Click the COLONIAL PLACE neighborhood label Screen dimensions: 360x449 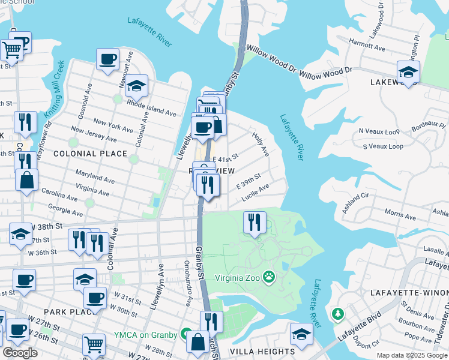(x=91, y=154)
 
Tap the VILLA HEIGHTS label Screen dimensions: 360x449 (x=265, y=351)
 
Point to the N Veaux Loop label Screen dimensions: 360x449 (x=379, y=130)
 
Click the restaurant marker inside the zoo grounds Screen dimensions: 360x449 (x=255, y=223)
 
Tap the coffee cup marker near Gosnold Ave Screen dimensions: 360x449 (x=107, y=59)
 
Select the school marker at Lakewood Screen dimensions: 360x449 (x=408, y=72)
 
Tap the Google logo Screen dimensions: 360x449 (x=20, y=352)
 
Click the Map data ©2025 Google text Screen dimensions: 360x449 (x=412, y=355)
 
